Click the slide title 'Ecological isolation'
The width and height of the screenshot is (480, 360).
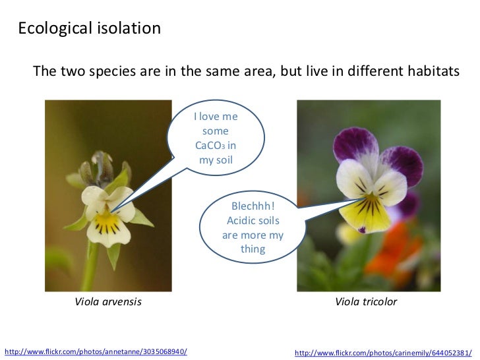pyautogui.click(x=88, y=28)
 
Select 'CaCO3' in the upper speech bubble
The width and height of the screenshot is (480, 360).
pyautogui.click(x=211, y=145)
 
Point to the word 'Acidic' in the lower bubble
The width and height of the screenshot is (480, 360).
pyautogui.click(x=243, y=221)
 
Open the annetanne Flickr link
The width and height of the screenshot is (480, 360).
pyautogui.click(x=96, y=351)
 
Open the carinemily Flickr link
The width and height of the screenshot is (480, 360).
pyautogui.click(x=383, y=352)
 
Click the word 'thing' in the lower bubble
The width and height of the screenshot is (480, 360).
pyautogui.click(x=253, y=249)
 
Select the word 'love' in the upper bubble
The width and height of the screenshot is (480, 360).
pyautogui.click(x=211, y=117)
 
